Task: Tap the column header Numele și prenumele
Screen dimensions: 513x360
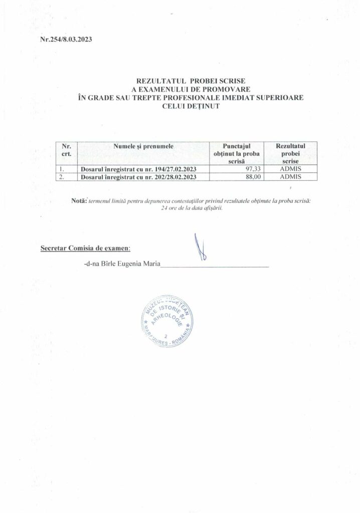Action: click(143, 145)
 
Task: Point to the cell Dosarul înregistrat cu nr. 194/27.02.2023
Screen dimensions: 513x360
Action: click(138, 169)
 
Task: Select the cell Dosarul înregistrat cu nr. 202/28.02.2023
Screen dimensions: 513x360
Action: click(138, 177)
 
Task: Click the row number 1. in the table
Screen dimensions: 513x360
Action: click(62, 169)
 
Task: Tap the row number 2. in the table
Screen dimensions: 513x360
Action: click(62, 177)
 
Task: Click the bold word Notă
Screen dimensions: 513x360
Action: click(79, 200)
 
